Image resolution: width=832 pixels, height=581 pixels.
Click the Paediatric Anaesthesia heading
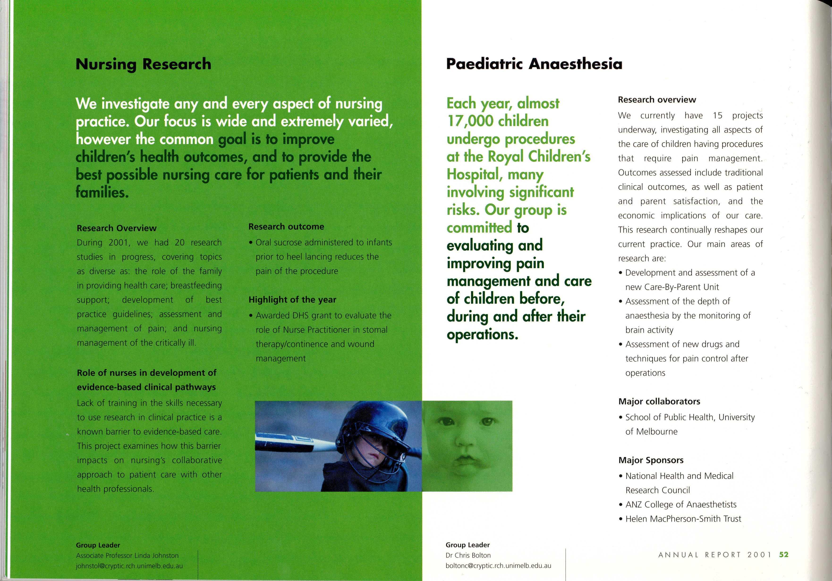[534, 64]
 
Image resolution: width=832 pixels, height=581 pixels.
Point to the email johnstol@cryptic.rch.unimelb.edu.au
[129, 566]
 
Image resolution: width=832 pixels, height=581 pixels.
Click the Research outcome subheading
[286, 227]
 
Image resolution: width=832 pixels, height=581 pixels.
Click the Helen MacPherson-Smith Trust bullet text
[683, 519]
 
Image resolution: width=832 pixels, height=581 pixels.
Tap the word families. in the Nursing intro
[102, 192]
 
